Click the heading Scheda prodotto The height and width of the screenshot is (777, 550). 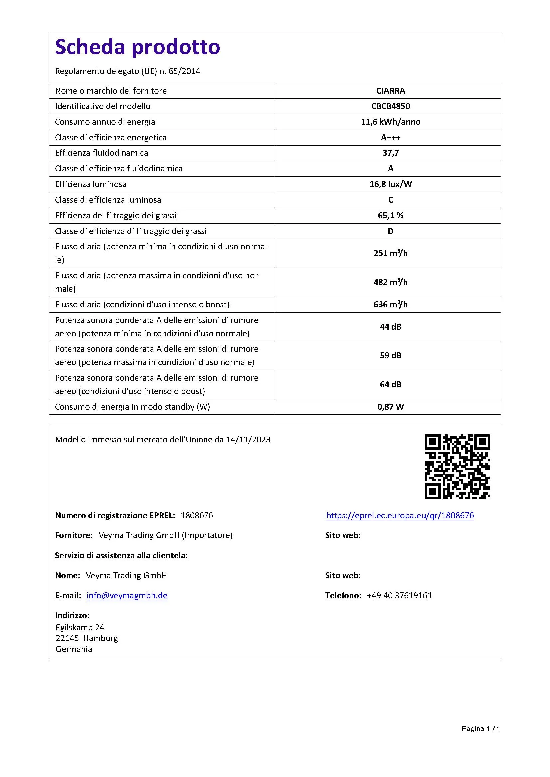click(138, 47)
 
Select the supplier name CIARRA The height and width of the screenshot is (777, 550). click(390, 91)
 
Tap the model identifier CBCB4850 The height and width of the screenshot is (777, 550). click(390, 106)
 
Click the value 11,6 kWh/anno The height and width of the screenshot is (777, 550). click(390, 122)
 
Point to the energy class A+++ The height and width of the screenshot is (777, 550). click(390, 138)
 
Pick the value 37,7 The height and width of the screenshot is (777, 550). click(390, 153)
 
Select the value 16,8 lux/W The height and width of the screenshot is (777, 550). click(390, 184)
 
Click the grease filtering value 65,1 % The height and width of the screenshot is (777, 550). click(390, 216)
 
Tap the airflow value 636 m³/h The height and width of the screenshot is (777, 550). click(390, 305)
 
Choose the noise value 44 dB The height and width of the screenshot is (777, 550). click(390, 327)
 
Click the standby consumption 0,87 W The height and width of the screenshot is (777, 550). click(390, 407)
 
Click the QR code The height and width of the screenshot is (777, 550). click(457, 467)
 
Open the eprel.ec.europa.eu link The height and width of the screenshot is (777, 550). click(400, 516)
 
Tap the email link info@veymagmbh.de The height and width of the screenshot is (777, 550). click(127, 596)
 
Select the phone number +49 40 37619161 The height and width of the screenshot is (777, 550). click(399, 596)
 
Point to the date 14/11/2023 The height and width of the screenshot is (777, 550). click(248, 439)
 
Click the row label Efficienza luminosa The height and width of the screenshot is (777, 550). click(90, 184)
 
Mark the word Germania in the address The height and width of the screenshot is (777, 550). click(74, 649)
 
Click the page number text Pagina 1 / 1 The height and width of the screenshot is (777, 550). click(481, 728)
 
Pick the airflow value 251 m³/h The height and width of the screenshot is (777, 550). click(390, 253)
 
